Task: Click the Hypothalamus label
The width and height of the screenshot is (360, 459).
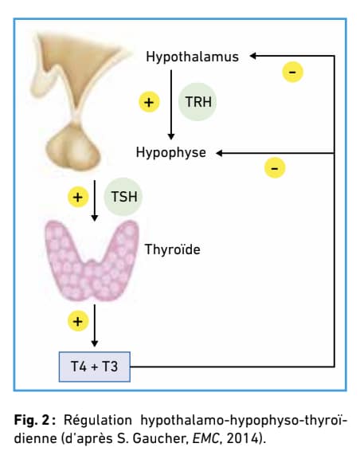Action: pyautogui.click(x=192, y=57)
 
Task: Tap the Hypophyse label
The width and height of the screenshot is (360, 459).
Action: pyautogui.click(x=171, y=152)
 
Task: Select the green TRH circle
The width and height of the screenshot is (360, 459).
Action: pyautogui.click(x=198, y=101)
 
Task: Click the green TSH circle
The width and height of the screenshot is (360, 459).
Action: pyautogui.click(x=123, y=196)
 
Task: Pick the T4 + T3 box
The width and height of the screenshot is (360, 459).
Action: pyautogui.click(x=95, y=367)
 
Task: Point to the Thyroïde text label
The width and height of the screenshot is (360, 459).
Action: pyautogui.click(x=173, y=249)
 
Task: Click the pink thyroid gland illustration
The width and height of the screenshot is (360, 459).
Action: pyautogui.click(x=92, y=261)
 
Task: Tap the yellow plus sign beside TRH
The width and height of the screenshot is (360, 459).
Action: pyautogui.click(x=149, y=102)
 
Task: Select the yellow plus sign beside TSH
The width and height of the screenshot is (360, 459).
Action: pyautogui.click(x=78, y=197)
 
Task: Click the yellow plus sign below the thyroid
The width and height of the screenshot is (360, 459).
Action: pyautogui.click(x=78, y=321)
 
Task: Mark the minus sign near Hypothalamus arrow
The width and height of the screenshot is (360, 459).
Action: pyautogui.click(x=292, y=72)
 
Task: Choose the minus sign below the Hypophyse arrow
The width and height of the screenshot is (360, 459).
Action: pyautogui.click(x=275, y=168)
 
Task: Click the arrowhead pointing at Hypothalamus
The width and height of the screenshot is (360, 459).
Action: pyautogui.click(x=253, y=56)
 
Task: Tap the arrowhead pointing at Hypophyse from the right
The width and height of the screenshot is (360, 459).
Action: pyautogui.click(x=219, y=153)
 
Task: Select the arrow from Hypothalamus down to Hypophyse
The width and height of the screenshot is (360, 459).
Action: pyautogui.click(x=171, y=105)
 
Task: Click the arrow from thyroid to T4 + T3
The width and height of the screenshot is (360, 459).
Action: pyautogui.click(x=95, y=325)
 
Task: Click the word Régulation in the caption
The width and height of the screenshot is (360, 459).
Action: pyautogui.click(x=98, y=421)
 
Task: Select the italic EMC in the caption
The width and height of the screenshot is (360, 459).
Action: pyautogui.click(x=205, y=438)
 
